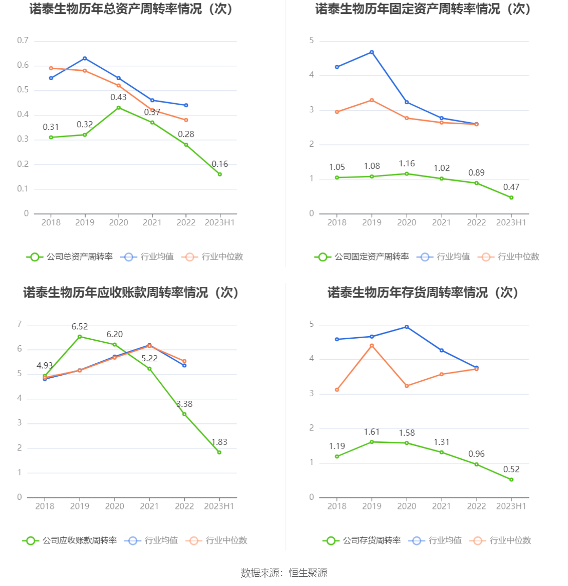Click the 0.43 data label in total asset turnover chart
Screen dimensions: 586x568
point(118,97)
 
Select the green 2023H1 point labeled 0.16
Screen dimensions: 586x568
point(220,174)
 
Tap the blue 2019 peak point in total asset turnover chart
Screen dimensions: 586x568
point(85,58)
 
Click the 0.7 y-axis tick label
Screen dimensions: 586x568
point(23,41)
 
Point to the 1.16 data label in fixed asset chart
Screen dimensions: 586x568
point(407,164)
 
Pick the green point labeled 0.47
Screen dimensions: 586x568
point(511,198)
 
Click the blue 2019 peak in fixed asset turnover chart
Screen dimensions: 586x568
point(372,52)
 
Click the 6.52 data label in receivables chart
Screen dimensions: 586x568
point(80,327)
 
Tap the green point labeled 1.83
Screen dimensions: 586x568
point(219,452)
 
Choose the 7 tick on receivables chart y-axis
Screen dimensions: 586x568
point(20,324)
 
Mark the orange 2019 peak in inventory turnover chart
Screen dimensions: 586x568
point(372,346)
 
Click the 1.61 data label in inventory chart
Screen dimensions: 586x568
point(372,432)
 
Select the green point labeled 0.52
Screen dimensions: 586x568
point(511,480)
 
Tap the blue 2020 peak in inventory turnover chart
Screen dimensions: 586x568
point(407,327)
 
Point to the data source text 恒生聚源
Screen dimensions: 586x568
point(308,573)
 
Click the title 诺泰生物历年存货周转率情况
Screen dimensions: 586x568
point(423,292)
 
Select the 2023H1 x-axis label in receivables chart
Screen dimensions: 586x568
point(219,506)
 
